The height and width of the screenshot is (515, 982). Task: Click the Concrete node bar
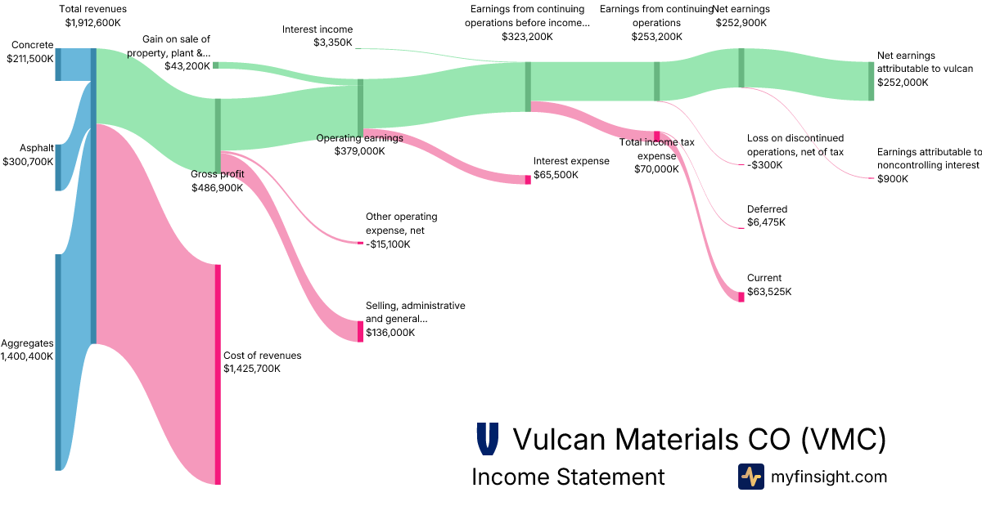(x=58, y=64)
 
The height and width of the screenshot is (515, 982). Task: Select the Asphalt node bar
(x=58, y=168)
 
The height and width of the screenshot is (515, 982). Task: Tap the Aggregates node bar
(x=58, y=362)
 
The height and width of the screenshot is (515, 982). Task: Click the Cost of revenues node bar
(x=218, y=374)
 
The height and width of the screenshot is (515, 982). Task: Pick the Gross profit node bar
(x=218, y=135)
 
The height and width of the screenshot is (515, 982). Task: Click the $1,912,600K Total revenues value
(x=92, y=23)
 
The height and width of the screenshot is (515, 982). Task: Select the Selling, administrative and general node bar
(x=360, y=331)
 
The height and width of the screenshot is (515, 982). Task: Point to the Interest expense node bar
(x=528, y=180)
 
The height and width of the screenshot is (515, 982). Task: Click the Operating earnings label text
(x=359, y=138)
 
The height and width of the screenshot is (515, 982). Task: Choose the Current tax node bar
(x=741, y=297)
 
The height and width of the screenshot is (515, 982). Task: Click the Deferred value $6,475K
(x=767, y=222)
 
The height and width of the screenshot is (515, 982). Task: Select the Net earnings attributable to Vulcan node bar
(x=872, y=81)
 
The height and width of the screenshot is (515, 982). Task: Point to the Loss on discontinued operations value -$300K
(x=764, y=165)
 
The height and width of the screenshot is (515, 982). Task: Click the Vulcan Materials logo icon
(x=487, y=439)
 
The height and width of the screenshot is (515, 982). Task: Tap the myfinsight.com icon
(x=750, y=477)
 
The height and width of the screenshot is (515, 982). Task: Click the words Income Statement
(x=568, y=477)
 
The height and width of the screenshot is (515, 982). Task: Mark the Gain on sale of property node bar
(x=216, y=65)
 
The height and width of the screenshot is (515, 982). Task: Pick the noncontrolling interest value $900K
(x=892, y=179)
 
